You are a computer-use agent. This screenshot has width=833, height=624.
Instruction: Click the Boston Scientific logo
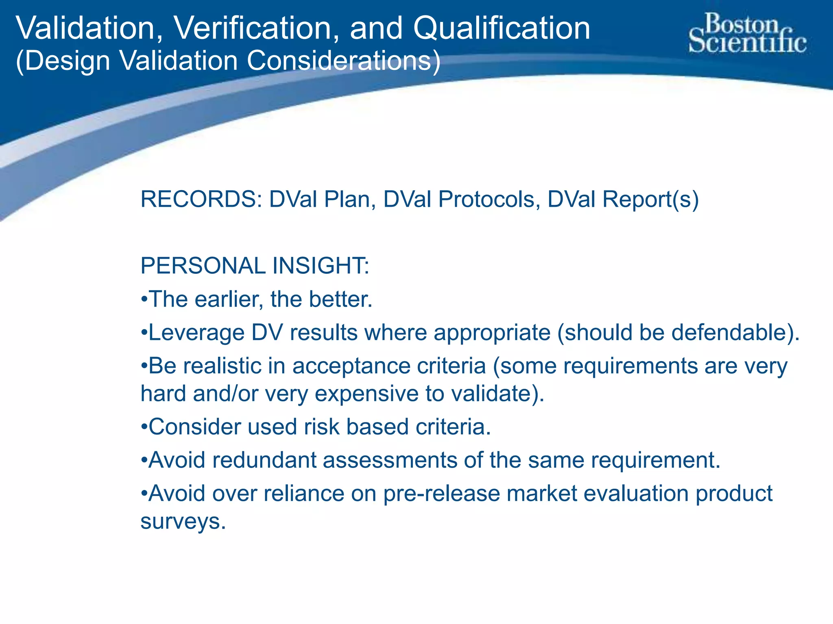click(x=748, y=33)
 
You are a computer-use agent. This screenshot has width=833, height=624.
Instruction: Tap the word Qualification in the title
click(x=502, y=28)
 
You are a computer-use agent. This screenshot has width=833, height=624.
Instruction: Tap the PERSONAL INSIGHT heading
click(x=255, y=266)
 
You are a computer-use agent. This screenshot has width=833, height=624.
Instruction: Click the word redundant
click(x=264, y=460)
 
